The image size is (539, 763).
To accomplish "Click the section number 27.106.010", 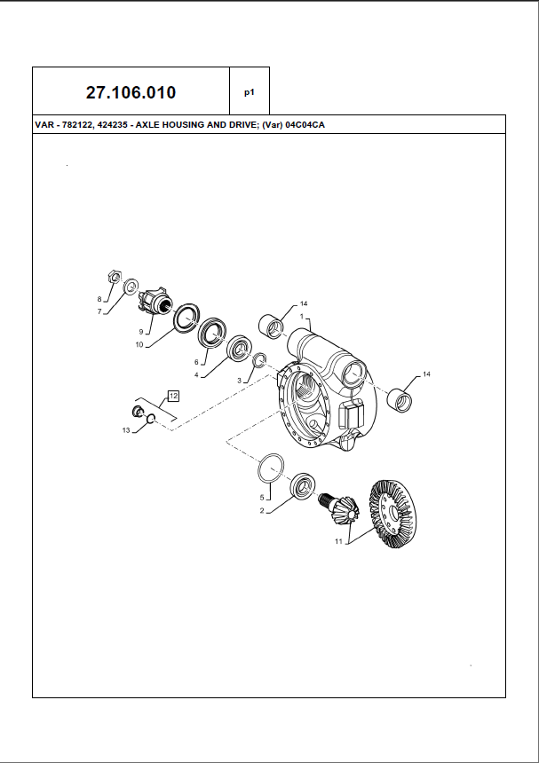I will point(131,92).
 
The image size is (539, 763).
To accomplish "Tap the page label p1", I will point(250,92).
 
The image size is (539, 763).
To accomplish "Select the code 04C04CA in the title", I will point(304,125).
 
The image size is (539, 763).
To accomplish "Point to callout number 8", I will point(99,298).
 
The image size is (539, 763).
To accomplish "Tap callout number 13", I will point(126,430).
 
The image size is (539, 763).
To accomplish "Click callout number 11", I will point(337,540).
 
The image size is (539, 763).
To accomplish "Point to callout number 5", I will point(263,497).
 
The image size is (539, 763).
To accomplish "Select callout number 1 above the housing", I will point(302,317).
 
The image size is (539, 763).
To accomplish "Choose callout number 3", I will point(239,381).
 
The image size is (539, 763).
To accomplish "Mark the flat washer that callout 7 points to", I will point(131,286).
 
